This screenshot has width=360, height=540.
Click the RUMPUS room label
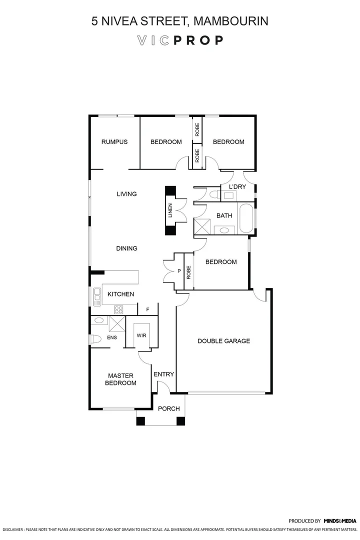(114, 142)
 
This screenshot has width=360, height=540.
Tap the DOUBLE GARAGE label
(223, 341)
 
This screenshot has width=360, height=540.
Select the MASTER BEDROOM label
(120, 379)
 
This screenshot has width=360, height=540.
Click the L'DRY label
(237, 187)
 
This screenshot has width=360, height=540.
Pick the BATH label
(224, 215)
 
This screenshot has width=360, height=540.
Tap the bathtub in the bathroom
(246, 218)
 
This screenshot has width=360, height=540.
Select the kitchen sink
(96, 297)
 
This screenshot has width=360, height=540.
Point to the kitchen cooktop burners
(119, 309)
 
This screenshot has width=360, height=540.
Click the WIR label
(141, 335)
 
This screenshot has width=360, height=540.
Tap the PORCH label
(168, 408)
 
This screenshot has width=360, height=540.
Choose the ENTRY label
(163, 374)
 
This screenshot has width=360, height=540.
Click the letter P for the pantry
(179, 271)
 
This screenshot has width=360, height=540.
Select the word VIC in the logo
(153, 40)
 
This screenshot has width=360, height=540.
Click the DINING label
(126, 248)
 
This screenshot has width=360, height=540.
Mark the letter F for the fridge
(147, 310)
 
